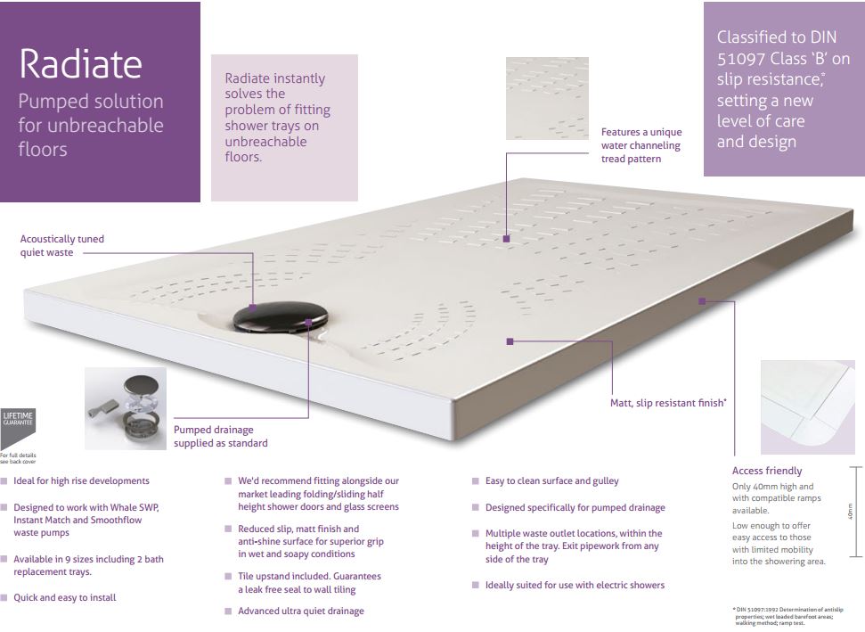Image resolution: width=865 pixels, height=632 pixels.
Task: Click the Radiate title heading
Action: (x=80, y=63)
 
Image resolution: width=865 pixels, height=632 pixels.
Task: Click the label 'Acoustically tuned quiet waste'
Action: (x=61, y=245)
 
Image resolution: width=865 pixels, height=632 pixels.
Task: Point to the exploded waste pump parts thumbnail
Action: (x=126, y=407)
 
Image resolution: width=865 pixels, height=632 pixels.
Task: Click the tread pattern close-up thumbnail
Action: (x=547, y=98)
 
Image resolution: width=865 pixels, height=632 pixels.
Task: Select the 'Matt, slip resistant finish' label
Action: (x=668, y=403)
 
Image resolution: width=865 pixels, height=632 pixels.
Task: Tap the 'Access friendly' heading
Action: (x=766, y=471)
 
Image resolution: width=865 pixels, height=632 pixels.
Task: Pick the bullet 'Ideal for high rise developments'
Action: (x=81, y=481)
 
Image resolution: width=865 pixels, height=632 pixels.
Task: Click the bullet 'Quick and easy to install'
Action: (x=64, y=598)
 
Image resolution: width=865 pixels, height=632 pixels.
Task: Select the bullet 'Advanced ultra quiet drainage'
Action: (x=300, y=611)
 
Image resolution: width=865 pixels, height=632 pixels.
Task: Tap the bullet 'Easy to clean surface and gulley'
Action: (x=551, y=481)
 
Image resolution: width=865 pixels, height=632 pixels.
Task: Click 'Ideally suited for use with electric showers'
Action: (x=575, y=585)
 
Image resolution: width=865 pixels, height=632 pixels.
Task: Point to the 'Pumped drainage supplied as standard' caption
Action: (x=220, y=436)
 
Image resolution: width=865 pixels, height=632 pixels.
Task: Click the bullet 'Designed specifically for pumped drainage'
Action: (x=575, y=508)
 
